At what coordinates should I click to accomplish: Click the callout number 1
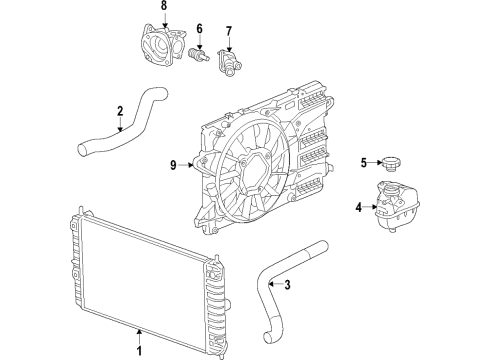pyautogui.click(x=140, y=351)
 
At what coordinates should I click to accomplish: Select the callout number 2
pyautogui.click(x=119, y=111)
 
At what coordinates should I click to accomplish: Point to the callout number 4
pyautogui.click(x=358, y=208)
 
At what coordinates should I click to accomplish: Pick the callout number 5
pyautogui.click(x=365, y=163)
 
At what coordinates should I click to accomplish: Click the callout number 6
pyautogui.click(x=198, y=28)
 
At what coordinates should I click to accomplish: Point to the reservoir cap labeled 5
pyautogui.click(x=389, y=164)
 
